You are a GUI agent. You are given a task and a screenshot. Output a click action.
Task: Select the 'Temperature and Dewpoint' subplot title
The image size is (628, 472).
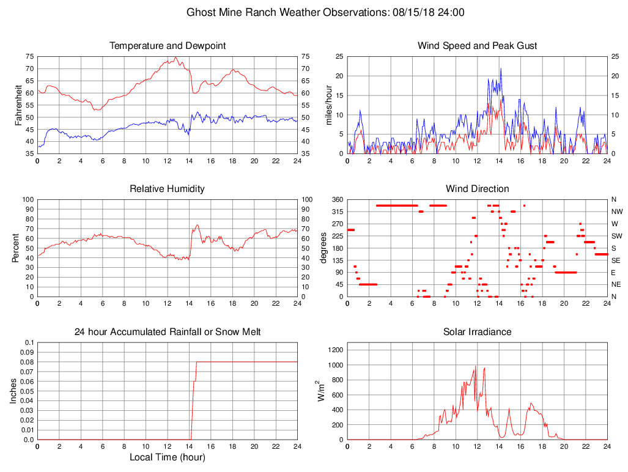168,46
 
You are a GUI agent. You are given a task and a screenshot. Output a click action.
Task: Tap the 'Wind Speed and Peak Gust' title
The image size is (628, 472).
477,46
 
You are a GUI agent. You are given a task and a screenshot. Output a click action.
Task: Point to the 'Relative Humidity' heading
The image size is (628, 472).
168,189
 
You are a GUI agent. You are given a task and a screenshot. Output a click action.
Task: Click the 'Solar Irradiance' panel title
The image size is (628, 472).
477,332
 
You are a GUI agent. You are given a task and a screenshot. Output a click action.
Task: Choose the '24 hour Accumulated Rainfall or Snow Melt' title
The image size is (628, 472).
168,332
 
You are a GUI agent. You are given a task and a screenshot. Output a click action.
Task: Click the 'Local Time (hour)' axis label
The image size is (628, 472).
168,457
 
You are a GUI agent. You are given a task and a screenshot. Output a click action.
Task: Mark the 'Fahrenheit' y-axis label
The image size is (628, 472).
19,105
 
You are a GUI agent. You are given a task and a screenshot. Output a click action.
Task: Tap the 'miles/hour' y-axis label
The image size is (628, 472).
328,105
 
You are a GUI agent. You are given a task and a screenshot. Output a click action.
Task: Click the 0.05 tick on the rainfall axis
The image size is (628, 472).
26,391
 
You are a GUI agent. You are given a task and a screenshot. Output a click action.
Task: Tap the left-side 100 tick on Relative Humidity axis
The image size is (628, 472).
28,199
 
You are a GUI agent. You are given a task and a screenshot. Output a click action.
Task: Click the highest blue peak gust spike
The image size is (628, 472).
501,68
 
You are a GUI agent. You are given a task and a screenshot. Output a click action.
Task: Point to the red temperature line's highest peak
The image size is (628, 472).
175,57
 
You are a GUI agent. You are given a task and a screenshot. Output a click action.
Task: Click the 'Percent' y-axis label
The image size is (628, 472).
15,248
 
